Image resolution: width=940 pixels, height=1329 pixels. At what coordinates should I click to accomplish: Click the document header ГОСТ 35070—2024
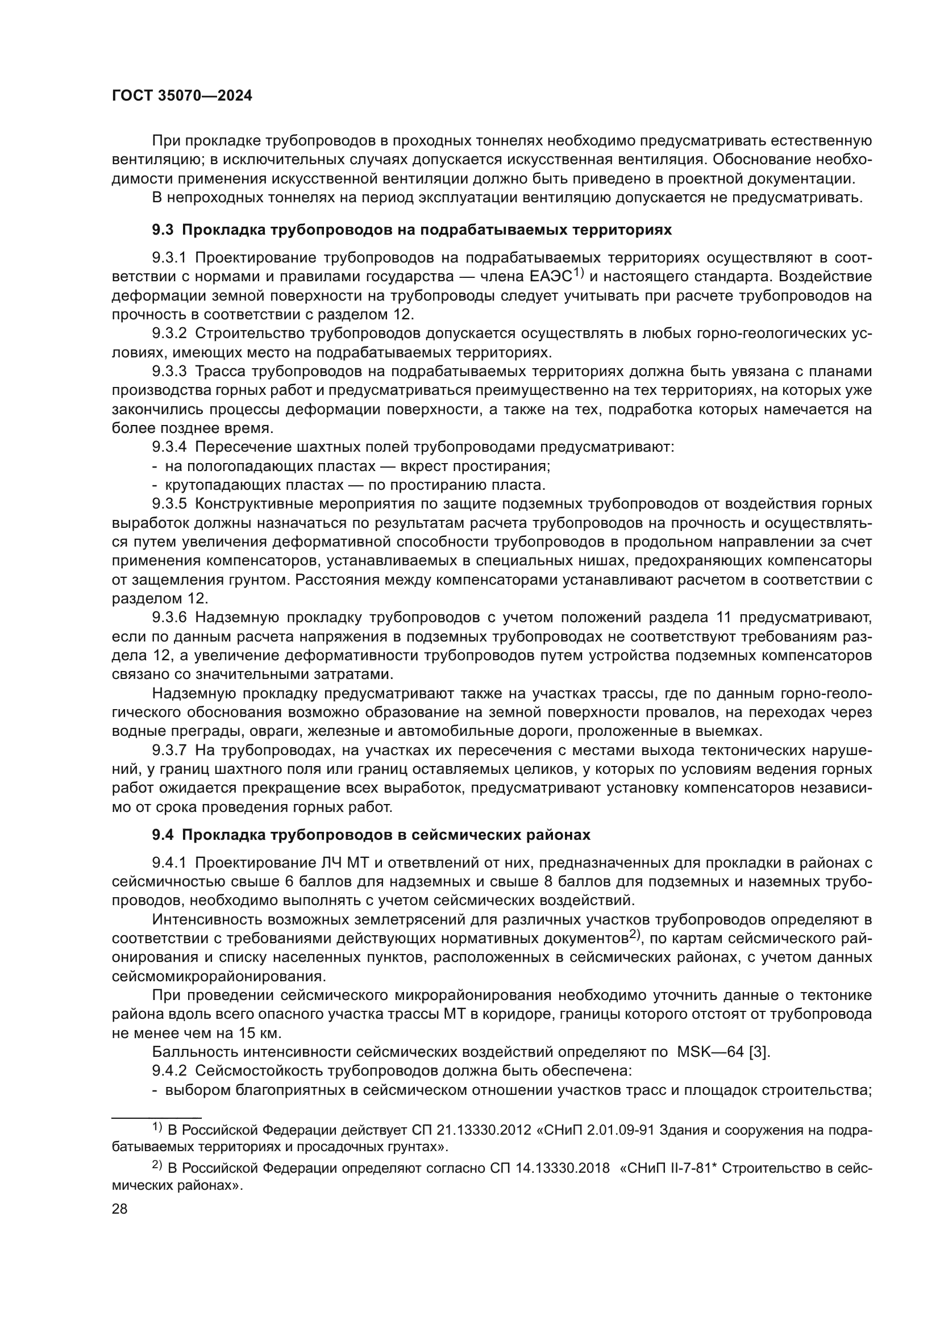click(x=182, y=96)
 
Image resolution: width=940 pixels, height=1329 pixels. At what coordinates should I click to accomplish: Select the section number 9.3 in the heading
click(x=163, y=230)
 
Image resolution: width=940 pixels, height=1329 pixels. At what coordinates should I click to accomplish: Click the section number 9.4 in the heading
click(x=163, y=835)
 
